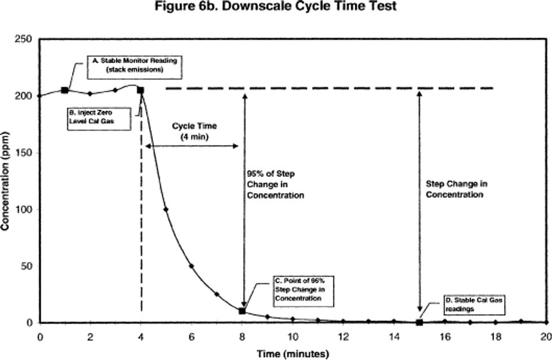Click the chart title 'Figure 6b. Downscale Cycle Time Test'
click(x=275, y=8)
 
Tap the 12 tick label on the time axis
click(x=343, y=336)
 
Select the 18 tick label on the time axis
click(x=495, y=336)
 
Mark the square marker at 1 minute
click(x=65, y=90)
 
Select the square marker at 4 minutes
click(x=140, y=90)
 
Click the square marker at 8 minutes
click(x=242, y=311)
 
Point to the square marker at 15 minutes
click(x=419, y=322)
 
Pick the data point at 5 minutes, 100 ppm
click(x=166, y=209)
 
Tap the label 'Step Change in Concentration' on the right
click(x=455, y=189)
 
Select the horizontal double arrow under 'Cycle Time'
click(x=192, y=145)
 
